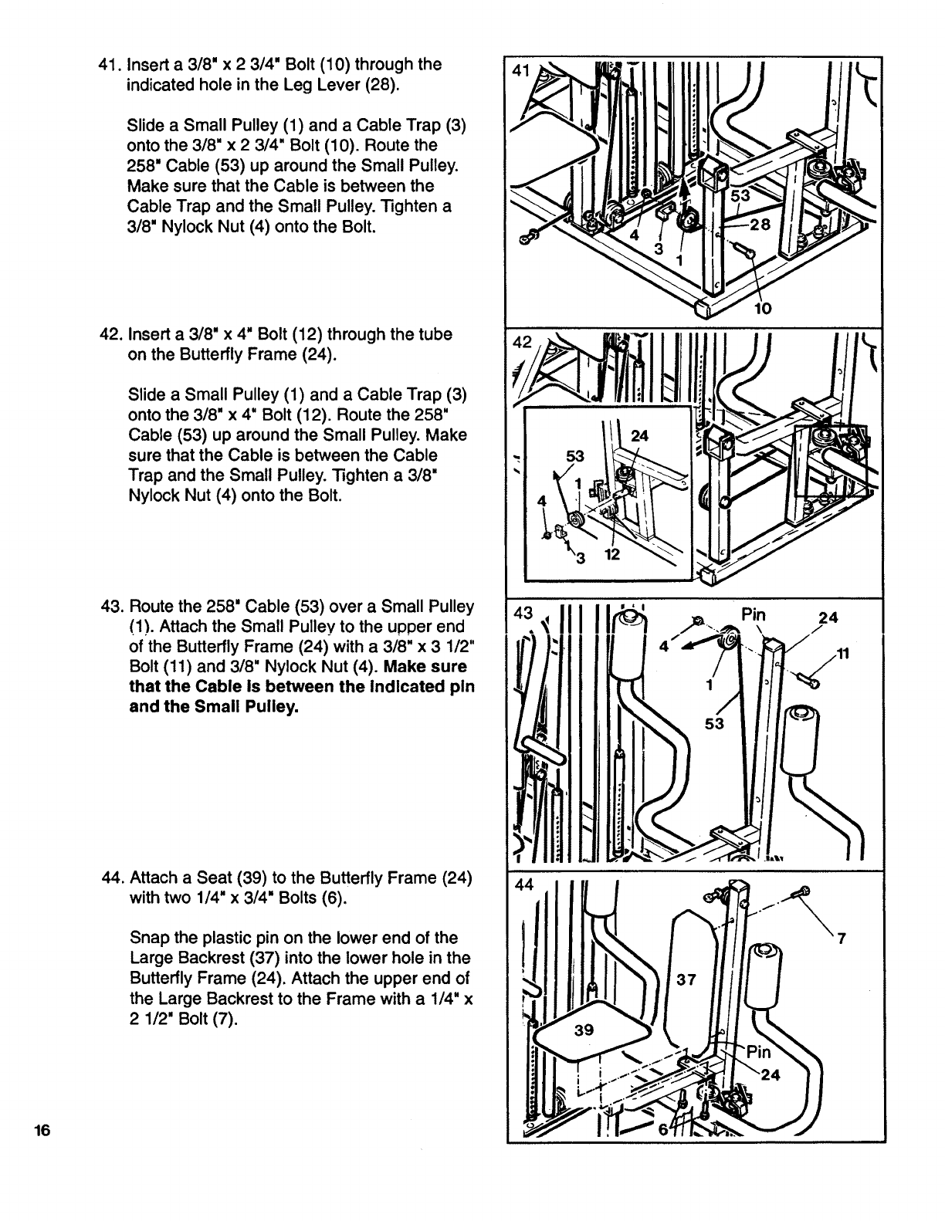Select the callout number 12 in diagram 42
point(612,556)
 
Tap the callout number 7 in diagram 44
point(842,939)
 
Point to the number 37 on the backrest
point(686,979)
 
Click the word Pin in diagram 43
point(753,615)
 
